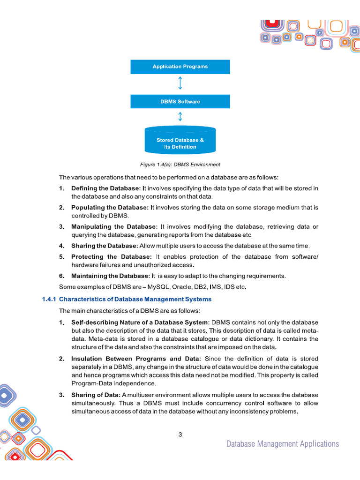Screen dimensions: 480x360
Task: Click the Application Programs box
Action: point(180,67)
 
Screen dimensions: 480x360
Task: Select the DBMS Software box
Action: point(180,102)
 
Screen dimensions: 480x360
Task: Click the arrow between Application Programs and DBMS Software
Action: point(180,84)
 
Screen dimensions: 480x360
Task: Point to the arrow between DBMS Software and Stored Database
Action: point(180,116)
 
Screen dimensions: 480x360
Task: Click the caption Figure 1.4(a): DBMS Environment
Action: point(180,165)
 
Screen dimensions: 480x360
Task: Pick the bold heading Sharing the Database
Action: point(105,246)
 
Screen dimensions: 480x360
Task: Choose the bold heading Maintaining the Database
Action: point(111,276)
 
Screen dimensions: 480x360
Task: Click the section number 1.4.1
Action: point(49,299)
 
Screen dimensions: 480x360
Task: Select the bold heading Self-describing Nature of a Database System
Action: point(140,322)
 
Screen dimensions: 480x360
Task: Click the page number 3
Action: point(180,435)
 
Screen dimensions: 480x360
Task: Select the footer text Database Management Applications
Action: point(282,444)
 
